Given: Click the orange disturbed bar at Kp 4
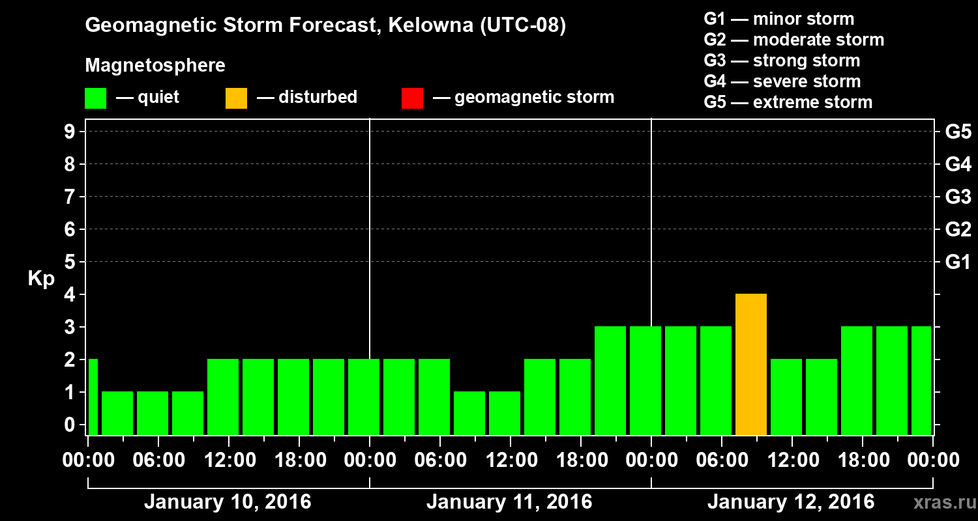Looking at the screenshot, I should tap(750, 364).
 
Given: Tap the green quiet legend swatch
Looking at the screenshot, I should tap(95, 98).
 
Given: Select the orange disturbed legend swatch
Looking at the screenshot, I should tap(236, 98).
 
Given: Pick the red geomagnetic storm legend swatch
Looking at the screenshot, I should tap(412, 98).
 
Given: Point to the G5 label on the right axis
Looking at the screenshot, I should tap(958, 132).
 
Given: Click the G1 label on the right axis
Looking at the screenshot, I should tap(958, 262).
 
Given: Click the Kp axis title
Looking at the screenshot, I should tap(41, 279).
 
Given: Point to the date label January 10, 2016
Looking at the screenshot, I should tap(228, 502).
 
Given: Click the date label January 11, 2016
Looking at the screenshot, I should tap(509, 502).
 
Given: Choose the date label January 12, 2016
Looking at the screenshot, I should tap(791, 502).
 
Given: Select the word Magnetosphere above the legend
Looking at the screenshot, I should tap(155, 66).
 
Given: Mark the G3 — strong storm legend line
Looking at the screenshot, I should tap(782, 61).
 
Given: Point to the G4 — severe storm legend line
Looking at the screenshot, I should tap(782, 81).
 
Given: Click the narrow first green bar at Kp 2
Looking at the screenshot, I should tap(93, 397).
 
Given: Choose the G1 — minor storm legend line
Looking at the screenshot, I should tap(779, 19).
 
